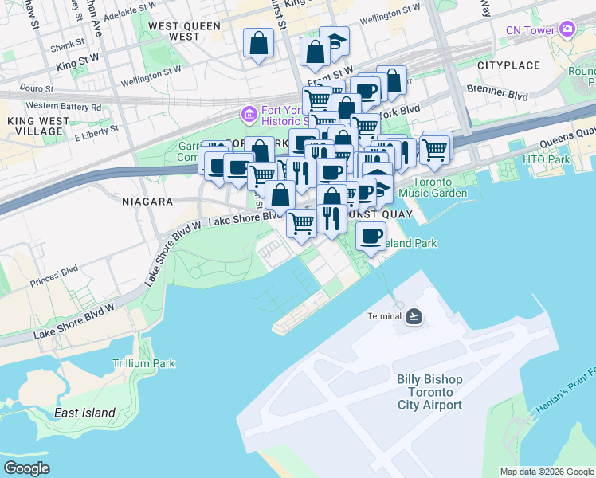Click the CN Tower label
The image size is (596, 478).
tap(531, 30)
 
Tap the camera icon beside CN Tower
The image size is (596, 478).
tap(567, 30)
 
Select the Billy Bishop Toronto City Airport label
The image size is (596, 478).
tap(429, 391)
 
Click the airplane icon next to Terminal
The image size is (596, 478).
tap(414, 316)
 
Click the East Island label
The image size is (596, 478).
tap(84, 413)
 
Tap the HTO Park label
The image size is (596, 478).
tap(547, 160)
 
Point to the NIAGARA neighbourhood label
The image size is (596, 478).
tap(147, 202)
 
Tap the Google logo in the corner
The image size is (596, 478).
tap(26, 468)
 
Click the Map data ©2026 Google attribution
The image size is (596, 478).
tap(546, 472)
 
